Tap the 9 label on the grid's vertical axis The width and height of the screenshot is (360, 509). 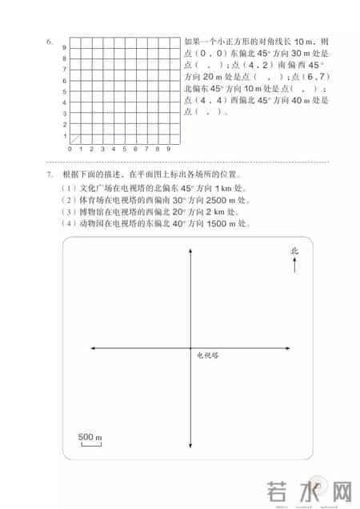coord(65,48)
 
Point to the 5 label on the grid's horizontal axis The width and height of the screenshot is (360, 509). coord(125,150)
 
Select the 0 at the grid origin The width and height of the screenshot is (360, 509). coord(70,150)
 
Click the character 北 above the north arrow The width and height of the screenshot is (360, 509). coord(294,251)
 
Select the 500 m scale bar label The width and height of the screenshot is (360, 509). coord(90,437)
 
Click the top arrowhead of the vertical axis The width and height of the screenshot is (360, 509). coord(190,251)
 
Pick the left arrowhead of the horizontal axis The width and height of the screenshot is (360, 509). coord(94,348)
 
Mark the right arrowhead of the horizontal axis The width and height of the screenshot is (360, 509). coord(286,348)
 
